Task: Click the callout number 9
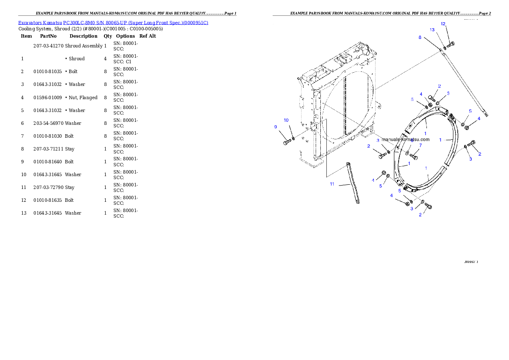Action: coord(276,127)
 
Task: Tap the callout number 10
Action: coord(286,120)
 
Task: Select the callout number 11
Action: coord(332,184)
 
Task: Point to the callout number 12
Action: coord(443,24)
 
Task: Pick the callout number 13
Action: coord(432,30)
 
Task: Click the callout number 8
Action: coord(420,38)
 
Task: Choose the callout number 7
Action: coord(420,145)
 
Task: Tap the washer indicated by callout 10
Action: coord(293,139)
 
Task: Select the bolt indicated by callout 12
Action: coord(451,44)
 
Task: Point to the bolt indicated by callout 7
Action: coord(414,155)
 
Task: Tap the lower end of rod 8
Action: coord(487,114)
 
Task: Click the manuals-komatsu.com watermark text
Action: coord(405,139)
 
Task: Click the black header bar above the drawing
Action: coord(382,15)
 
